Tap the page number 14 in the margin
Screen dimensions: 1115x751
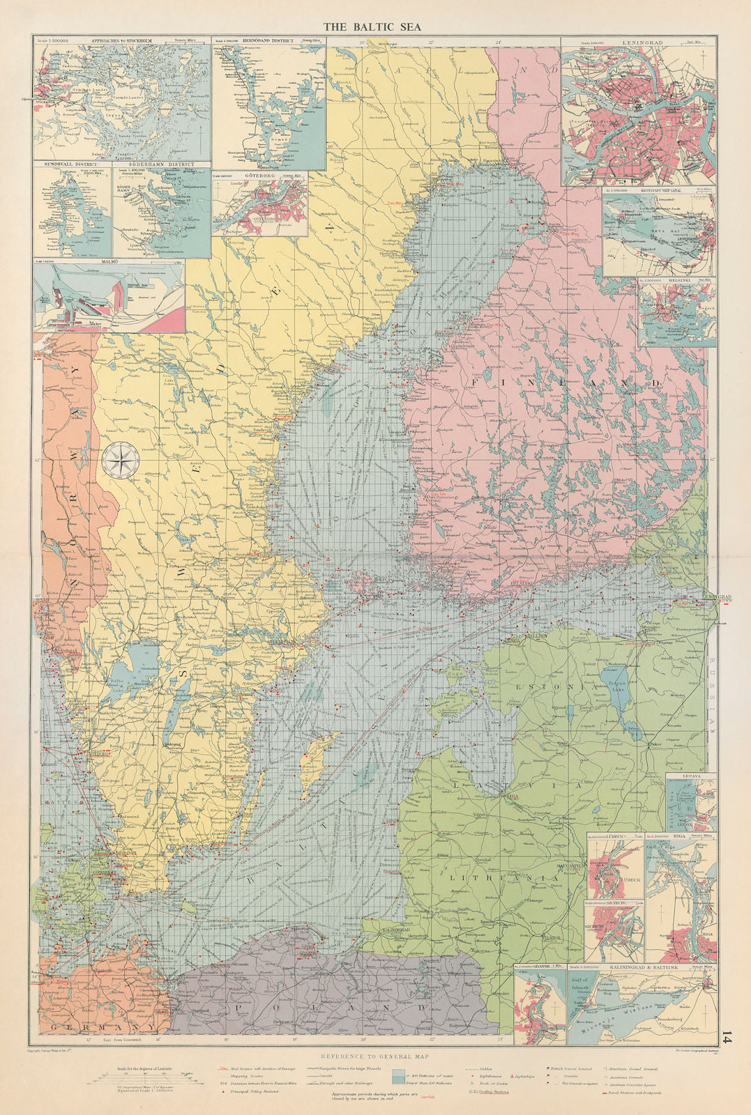(728, 1038)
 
